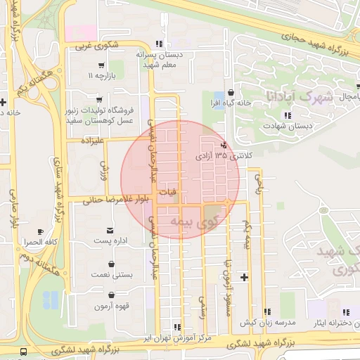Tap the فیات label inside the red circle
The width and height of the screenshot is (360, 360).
pos(168,191)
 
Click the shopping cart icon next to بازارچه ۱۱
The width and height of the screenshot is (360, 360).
pos(103,65)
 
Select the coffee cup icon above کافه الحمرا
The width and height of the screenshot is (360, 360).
pos(40,231)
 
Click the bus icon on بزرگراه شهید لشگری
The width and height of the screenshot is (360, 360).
pos(25,351)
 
